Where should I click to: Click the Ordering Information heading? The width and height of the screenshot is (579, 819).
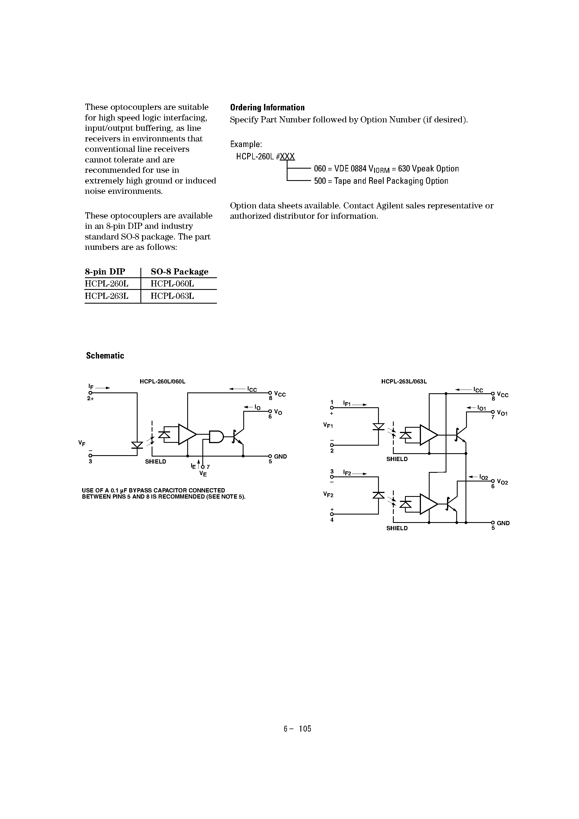pyautogui.click(x=267, y=108)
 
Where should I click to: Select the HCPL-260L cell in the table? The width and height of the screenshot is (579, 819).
pyautogui.click(x=106, y=284)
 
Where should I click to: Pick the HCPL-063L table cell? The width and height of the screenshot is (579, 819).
pyautogui.click(x=172, y=296)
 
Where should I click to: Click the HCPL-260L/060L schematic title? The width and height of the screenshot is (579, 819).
pyautogui.click(x=163, y=382)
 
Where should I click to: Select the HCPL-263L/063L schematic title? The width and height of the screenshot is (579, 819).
pyautogui.click(x=404, y=382)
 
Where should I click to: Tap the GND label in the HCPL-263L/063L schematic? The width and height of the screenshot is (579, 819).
pyautogui.click(x=503, y=523)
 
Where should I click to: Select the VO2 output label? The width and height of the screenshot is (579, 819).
pyautogui.click(x=502, y=482)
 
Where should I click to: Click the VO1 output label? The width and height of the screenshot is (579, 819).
pyautogui.click(x=502, y=413)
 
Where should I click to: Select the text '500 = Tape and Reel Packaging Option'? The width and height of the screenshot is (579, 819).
pyautogui.click(x=381, y=181)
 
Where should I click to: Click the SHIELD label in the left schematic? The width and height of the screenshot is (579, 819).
pyautogui.click(x=155, y=462)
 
